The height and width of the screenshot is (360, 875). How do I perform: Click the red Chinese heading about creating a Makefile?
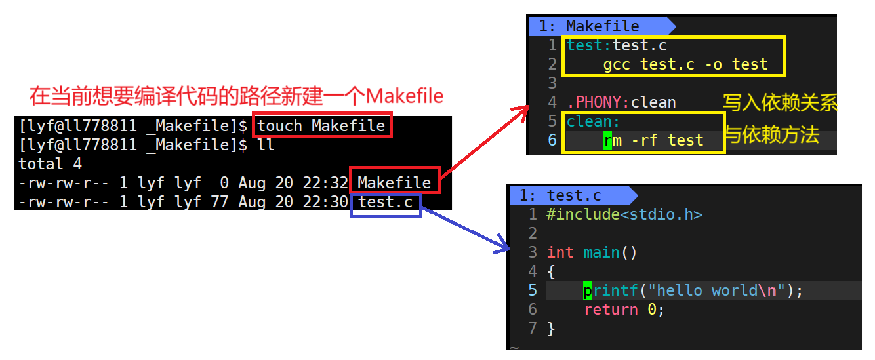(236, 96)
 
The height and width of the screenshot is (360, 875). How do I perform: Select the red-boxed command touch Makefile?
(321, 125)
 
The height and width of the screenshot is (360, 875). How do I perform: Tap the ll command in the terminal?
(266, 144)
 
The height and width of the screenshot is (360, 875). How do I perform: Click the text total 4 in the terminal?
(50, 163)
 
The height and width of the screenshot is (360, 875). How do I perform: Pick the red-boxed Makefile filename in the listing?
(394, 182)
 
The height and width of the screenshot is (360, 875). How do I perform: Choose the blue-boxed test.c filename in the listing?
(386, 202)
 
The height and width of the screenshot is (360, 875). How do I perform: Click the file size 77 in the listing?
(219, 202)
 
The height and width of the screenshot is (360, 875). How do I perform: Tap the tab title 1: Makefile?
(588, 26)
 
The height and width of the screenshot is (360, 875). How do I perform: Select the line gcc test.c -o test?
(685, 64)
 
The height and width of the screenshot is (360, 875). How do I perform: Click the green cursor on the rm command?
(607, 140)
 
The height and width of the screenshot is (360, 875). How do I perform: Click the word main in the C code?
(601, 252)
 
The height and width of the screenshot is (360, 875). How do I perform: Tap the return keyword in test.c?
(611, 310)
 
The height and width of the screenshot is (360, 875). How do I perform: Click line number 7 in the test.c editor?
(533, 328)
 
